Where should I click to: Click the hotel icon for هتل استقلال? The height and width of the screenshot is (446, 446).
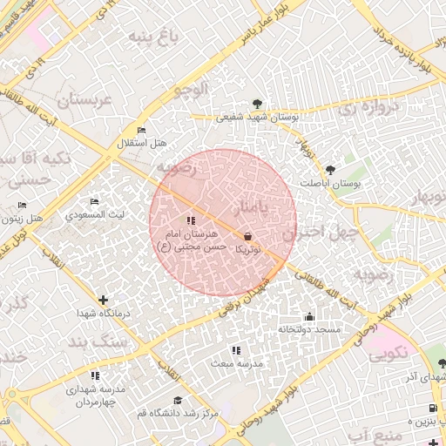130,130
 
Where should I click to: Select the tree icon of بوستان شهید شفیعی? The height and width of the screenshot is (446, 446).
257,101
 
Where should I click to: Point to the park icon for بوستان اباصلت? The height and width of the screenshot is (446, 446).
329,170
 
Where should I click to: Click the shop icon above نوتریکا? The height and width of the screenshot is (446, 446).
247,236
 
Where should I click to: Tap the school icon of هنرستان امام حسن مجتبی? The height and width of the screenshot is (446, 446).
191,220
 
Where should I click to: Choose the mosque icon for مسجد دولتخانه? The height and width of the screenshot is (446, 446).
309,316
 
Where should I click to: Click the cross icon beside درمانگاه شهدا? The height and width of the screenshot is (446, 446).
104,300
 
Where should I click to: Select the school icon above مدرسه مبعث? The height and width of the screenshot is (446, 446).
236,350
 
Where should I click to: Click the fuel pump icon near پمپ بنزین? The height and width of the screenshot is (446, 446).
431,409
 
